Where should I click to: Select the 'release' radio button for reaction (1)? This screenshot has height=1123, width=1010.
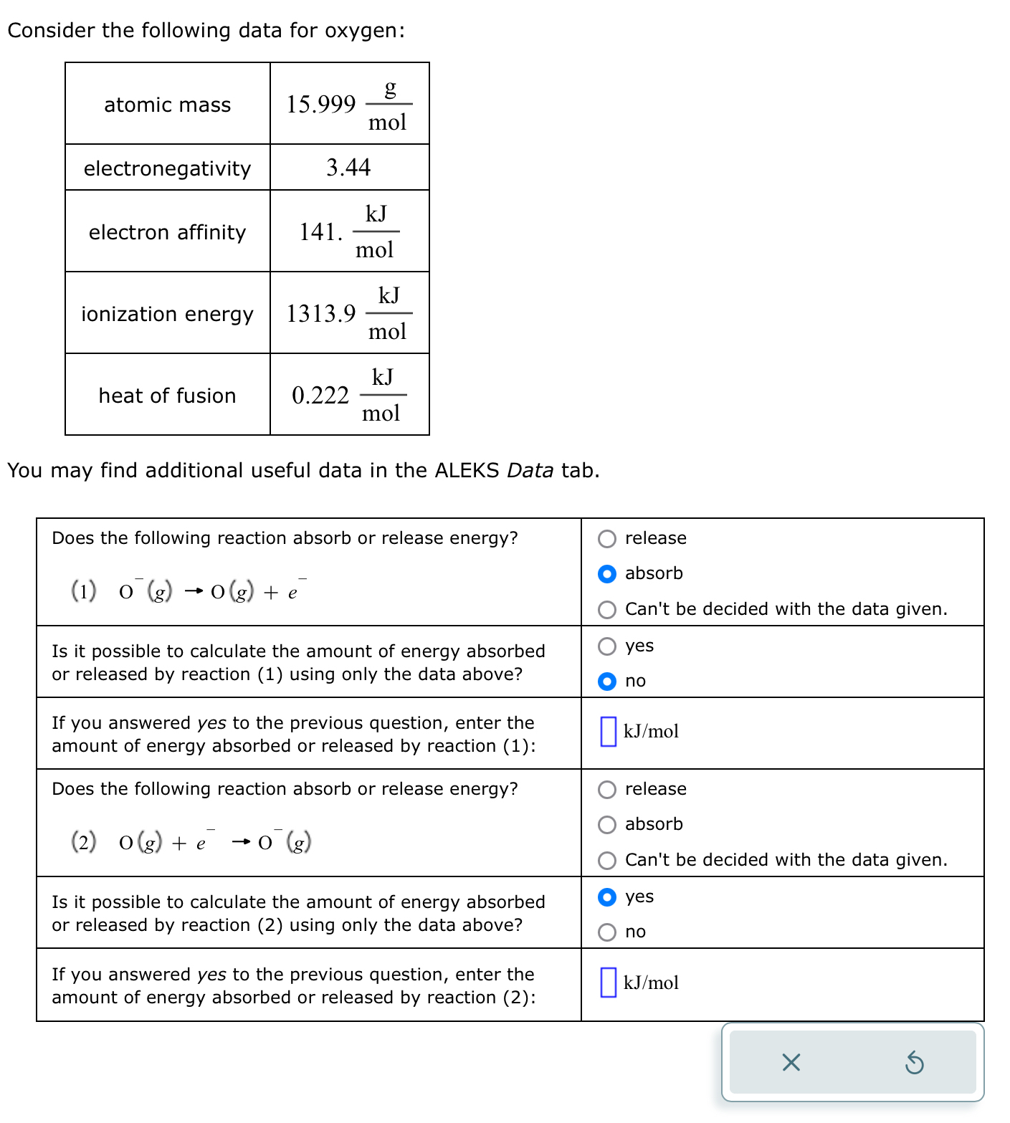coord(607,539)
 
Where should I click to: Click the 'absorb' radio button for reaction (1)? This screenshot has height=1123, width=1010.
coord(607,574)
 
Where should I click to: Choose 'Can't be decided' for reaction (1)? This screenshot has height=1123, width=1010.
coord(607,610)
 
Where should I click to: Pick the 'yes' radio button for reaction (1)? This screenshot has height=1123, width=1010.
coord(607,646)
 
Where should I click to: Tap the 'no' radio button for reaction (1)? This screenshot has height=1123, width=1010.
coord(607,682)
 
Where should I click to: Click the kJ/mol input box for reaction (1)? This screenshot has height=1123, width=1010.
coord(608,732)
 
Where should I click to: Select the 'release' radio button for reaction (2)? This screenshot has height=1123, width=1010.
coord(607,790)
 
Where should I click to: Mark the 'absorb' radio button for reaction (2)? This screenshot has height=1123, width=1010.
coord(607,825)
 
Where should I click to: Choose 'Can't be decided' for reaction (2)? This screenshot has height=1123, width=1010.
coord(607,861)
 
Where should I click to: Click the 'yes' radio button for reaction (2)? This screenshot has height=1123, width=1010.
coord(607,897)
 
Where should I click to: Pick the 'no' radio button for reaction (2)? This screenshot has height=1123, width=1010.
coord(607,932)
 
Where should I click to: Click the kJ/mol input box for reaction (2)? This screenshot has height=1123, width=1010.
coord(608,983)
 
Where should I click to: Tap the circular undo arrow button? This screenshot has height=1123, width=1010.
coord(914,1062)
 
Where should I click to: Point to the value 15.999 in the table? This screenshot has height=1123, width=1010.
coord(320,105)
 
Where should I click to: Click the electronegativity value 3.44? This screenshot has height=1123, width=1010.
coord(348,168)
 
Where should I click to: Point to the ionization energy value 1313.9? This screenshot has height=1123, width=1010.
coord(320,314)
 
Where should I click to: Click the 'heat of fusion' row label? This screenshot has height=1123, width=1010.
coord(167,396)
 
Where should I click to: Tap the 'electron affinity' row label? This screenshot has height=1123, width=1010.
coord(167,232)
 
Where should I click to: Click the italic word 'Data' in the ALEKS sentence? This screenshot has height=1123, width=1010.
coord(530,471)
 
